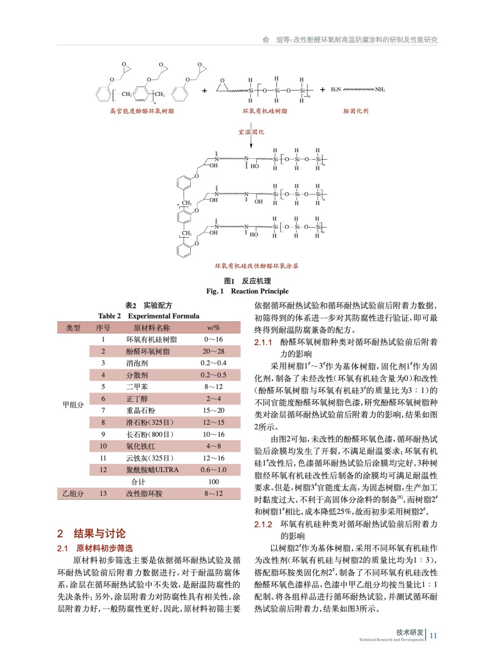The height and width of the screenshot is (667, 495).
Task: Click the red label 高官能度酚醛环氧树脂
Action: tap(142, 111)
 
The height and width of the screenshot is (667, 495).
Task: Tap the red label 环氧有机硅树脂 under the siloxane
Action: tap(265, 111)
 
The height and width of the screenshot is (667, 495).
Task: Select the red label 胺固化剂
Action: tap(356, 111)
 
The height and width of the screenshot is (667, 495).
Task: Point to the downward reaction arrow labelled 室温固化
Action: tap(251, 138)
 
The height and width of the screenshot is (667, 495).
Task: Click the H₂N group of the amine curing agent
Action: tap(336, 90)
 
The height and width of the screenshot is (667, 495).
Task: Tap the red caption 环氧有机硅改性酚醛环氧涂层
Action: tap(256, 266)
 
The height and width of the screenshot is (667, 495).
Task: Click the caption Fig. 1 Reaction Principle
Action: tap(247, 291)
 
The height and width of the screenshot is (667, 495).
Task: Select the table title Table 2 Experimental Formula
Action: tap(148, 316)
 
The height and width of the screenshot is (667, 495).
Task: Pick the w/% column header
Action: tap(214, 328)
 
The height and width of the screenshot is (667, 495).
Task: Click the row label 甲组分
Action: tap(73, 405)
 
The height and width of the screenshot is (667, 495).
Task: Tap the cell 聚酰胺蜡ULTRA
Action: tap(152, 470)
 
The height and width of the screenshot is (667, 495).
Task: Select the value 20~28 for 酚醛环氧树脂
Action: tap(214, 351)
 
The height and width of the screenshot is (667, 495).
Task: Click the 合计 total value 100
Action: tap(214, 482)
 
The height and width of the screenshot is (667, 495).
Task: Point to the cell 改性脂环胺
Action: tap(144, 494)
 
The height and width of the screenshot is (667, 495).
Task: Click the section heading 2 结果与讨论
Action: tap(91, 533)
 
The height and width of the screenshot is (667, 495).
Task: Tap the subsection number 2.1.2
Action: tap(263, 524)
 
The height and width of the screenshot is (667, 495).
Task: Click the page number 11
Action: tap(433, 636)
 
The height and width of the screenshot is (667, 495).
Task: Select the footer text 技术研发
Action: tap(410, 632)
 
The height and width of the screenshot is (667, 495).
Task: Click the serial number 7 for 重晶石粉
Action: tap(103, 411)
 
